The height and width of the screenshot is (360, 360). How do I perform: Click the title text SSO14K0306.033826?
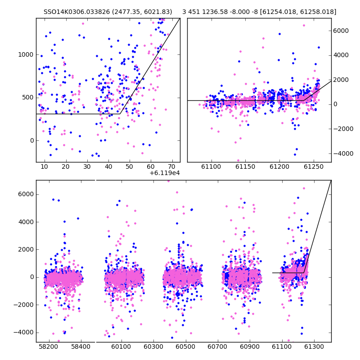pos(76,12)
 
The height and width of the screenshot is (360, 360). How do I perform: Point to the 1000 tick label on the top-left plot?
pos(26,54)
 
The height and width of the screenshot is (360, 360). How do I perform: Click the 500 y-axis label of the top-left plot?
pos(28,98)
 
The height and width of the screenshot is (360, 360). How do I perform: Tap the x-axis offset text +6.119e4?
pos(165,173)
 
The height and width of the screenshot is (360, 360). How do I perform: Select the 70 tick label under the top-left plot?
pos(172,166)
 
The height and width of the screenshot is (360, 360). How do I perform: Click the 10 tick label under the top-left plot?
pos(44,166)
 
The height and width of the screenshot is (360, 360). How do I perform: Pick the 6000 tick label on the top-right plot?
pos(341,31)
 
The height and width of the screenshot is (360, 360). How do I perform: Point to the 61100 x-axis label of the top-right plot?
pos(211,166)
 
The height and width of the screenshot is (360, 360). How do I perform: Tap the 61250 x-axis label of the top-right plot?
pos(314,166)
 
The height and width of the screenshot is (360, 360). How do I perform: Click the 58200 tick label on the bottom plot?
pos(49,346)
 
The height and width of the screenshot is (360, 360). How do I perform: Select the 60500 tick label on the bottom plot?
pos(185,346)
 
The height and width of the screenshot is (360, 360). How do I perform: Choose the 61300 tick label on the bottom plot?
pos(314,346)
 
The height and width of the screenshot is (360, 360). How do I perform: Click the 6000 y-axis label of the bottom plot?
pos(26,194)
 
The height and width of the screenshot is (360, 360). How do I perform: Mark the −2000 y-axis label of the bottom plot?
pos(23,305)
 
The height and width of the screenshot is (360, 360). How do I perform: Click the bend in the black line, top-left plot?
pos(120,114)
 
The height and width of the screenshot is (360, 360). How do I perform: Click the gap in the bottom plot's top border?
pos(95,180)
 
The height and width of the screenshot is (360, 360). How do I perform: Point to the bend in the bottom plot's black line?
pos(304,273)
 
